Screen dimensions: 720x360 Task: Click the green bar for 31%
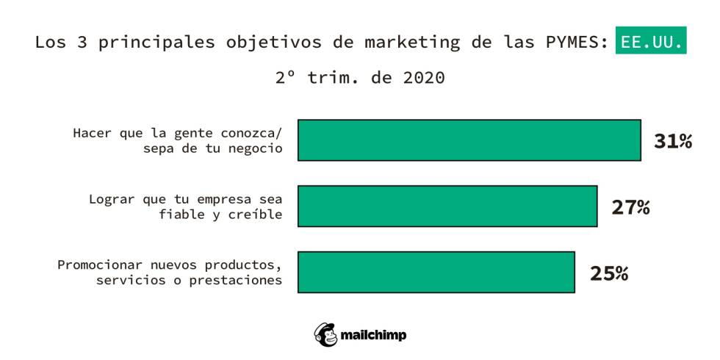pyautogui.click(x=469, y=140)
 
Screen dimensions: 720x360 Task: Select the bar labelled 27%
pyautogui.click(x=447, y=206)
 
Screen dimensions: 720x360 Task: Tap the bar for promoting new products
pyautogui.click(x=436, y=272)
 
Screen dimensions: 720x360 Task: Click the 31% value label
pyautogui.click(x=673, y=141)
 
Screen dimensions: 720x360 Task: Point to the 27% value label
pyautogui.click(x=630, y=207)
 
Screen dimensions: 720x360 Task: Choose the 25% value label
pyautogui.click(x=609, y=273)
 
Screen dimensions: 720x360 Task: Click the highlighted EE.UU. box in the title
pyautogui.click(x=651, y=40)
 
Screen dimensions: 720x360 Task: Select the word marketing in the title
pyautogui.click(x=412, y=43)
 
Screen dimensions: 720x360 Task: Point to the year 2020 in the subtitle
pyautogui.click(x=424, y=78)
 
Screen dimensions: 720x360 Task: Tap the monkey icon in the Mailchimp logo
pyautogui.click(x=325, y=334)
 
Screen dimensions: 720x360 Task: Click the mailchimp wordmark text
pyautogui.click(x=373, y=335)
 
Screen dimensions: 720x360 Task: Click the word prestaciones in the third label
pyautogui.click(x=236, y=281)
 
